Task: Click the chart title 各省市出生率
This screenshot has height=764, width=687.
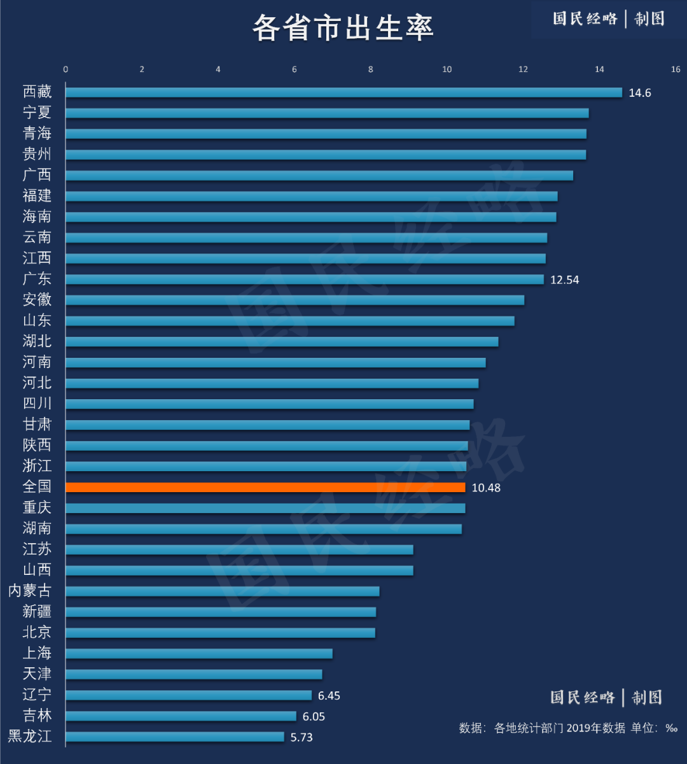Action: point(343,28)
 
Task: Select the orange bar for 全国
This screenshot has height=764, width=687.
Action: point(265,487)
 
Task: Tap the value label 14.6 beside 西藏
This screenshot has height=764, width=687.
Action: point(640,93)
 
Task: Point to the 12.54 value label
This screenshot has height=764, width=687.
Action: point(565,279)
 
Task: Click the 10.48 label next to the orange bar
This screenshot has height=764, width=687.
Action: point(486,488)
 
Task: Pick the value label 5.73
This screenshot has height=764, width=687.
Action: point(302,737)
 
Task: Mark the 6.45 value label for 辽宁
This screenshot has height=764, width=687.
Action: point(329,696)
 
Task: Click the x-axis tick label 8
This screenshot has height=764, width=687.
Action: point(371,69)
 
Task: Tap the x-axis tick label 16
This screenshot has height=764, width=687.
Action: point(675,69)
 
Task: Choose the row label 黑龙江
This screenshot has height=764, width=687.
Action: point(29,737)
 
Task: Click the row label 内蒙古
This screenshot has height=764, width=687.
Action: point(29,591)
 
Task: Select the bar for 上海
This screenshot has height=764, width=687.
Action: point(198,654)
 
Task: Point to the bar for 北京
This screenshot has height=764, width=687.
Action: point(220,633)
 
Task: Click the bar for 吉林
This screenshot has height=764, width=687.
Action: point(181,716)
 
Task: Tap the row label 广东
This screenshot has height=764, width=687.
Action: point(37,279)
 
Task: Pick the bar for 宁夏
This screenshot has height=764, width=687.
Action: point(327,113)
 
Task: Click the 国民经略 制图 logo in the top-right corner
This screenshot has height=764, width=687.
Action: point(608,19)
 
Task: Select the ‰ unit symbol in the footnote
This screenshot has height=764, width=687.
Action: point(671,728)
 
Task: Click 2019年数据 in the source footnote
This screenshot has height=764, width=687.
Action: point(596,728)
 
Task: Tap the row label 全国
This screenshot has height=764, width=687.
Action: point(37,486)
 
